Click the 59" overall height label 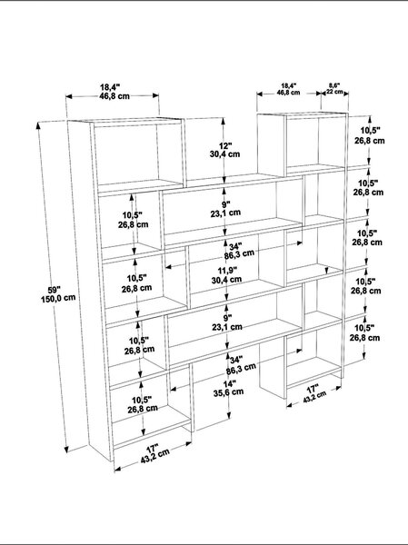[54, 289]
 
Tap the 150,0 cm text [58, 298]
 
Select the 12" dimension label [225, 145]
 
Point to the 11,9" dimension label [227, 270]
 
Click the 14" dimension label [230, 383]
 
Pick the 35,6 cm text [228, 392]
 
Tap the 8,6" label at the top [334, 85]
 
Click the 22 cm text [334, 92]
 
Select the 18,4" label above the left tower [110, 87]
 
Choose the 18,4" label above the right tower [289, 85]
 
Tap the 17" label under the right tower [313, 388]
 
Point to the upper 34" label [236, 247]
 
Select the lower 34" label [236, 360]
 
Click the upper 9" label [226, 203]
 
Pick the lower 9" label [227, 318]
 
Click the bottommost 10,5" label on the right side [364, 328]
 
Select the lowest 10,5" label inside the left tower [142, 400]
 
